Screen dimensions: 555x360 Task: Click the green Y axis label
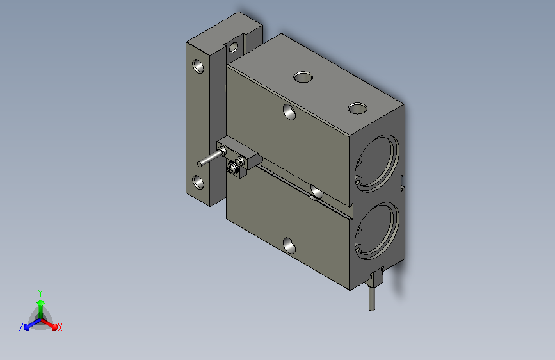point(40,293)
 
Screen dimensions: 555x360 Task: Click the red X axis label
point(60,327)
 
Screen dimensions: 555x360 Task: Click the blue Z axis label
point(21,327)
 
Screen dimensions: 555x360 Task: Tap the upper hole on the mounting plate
point(198,66)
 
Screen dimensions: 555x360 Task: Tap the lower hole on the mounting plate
point(198,182)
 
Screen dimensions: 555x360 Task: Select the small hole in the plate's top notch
point(233,47)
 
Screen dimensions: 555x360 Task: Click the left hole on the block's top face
point(303,77)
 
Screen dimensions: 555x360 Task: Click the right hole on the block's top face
point(357,108)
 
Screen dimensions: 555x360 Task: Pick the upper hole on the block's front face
point(289,112)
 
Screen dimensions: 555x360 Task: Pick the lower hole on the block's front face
point(289,245)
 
